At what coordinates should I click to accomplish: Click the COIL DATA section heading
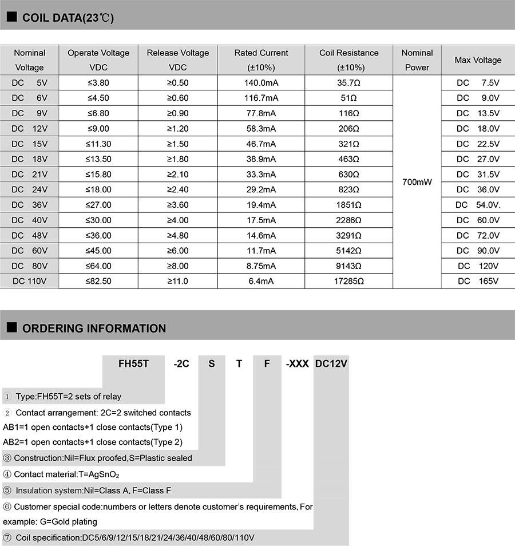pyautogui.click(x=68, y=18)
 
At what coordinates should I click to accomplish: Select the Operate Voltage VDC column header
pyautogui.click(x=98, y=60)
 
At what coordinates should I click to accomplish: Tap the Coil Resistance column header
pyautogui.click(x=349, y=60)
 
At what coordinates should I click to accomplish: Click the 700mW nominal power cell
pyautogui.click(x=417, y=182)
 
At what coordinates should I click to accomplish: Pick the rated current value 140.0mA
pyautogui.click(x=261, y=82)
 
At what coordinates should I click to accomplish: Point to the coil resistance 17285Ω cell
pyautogui.click(x=349, y=281)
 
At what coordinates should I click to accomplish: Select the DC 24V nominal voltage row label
pyautogui.click(x=30, y=189)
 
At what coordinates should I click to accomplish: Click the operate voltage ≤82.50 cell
pyautogui.click(x=98, y=281)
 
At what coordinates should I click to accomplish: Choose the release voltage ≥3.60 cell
pyautogui.click(x=177, y=204)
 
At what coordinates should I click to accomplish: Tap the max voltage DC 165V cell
pyautogui.click(x=478, y=281)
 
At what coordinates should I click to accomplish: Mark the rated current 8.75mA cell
pyautogui.click(x=261, y=266)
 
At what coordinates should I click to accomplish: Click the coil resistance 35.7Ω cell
pyautogui.click(x=349, y=82)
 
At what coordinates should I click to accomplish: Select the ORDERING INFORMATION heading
pyautogui.click(x=94, y=329)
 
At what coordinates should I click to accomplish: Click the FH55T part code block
pyautogui.click(x=133, y=363)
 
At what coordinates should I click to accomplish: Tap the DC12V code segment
pyautogui.click(x=332, y=363)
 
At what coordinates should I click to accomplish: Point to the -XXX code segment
pyautogui.click(x=297, y=363)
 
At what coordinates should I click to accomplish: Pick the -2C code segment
pyautogui.click(x=181, y=363)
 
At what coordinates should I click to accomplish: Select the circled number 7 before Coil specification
pyautogui.click(x=7, y=537)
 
